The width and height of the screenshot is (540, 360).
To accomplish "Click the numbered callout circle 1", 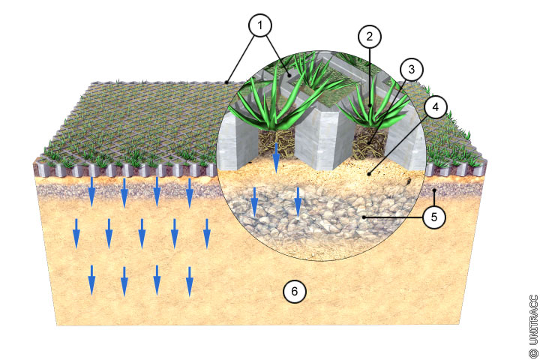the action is coord(260,25).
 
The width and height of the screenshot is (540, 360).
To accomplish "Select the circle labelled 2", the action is coord(370,36).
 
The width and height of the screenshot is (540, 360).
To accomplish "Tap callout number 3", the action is coord(412,69).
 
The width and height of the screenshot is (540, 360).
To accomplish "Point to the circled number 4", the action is coord(436,106).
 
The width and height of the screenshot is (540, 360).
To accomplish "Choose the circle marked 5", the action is coord(434,217).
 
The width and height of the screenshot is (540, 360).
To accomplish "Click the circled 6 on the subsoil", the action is coord(295,292).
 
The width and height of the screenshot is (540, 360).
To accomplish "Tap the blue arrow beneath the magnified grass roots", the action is coord(276,158).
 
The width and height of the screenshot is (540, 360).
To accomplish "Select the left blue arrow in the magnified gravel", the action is coord(254,202).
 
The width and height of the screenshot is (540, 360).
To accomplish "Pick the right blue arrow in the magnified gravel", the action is coord(298,202).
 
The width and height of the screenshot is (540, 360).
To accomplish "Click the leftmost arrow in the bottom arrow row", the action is coord(91,280).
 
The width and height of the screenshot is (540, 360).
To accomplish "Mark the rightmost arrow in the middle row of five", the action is coord(207,233).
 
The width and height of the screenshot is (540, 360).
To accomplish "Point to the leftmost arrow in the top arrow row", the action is coord(91,192).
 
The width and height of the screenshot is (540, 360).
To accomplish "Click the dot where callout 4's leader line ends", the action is coord(369,174).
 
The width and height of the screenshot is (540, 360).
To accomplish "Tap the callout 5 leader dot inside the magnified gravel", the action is coord(364,217).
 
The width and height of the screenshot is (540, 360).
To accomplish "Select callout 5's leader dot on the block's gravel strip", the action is coord(434,190).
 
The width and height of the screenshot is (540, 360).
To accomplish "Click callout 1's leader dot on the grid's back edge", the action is coord(226,82).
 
